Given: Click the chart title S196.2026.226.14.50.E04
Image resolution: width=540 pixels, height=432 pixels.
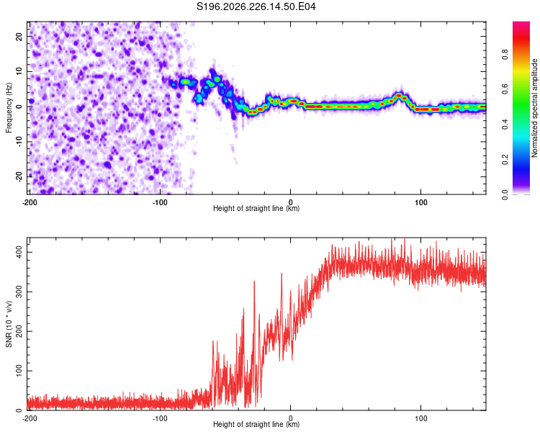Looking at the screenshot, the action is (256, 6).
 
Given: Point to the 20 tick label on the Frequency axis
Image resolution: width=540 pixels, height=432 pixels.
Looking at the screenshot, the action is (19, 36).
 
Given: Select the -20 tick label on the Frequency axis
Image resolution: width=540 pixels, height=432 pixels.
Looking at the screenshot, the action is (19, 176).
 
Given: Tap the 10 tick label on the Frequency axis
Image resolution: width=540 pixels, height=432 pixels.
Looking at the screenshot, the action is (19, 71).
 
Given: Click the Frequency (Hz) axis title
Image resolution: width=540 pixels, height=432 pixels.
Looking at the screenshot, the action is (9, 107).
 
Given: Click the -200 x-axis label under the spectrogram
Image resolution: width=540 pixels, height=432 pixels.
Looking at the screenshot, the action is (30, 202).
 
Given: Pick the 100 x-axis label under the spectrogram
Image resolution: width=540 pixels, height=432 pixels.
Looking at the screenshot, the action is (421, 202).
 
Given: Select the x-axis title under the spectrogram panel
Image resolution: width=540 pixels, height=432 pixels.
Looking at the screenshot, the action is (256, 208).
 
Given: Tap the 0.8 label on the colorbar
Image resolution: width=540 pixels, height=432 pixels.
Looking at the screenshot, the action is (505, 54).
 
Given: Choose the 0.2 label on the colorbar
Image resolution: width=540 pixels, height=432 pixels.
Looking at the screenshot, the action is (505, 160).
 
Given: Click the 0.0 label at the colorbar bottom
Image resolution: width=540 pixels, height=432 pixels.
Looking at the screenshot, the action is (505, 194).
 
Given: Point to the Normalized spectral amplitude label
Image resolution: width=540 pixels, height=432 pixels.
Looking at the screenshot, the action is (534, 108).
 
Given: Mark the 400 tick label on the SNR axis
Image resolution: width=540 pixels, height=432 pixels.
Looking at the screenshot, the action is (19, 252).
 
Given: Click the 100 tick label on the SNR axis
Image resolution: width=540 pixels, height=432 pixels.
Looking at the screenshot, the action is (19, 371).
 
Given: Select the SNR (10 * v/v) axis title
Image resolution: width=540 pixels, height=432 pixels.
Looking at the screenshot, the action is (9, 324).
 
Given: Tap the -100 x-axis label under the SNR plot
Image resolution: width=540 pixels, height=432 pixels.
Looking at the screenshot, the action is (160, 418).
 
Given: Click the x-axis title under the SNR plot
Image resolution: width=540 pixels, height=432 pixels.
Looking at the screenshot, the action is (256, 424).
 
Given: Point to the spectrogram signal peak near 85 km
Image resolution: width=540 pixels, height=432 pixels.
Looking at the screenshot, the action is (399, 96).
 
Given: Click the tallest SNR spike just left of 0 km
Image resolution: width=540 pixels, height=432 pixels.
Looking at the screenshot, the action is (282, 274).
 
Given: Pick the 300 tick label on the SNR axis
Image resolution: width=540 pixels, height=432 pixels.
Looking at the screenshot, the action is (19, 292).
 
